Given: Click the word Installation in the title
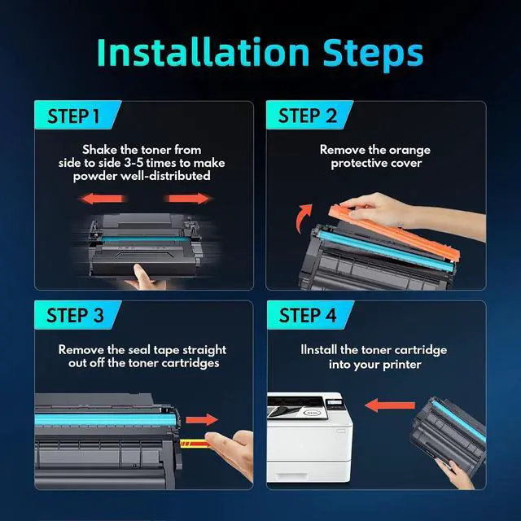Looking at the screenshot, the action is (x=204, y=52).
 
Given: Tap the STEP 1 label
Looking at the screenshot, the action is (x=73, y=116).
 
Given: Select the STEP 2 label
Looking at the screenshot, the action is (x=308, y=116).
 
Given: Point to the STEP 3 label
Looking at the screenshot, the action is (x=75, y=315).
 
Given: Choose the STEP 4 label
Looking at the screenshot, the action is (x=308, y=315).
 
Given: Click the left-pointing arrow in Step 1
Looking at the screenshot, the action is (x=102, y=199).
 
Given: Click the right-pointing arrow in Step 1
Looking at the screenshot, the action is (x=188, y=199).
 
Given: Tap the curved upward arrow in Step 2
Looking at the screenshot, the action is (x=304, y=218).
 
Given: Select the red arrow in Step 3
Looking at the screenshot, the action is (x=201, y=420).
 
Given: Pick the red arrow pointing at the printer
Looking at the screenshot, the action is (x=390, y=405).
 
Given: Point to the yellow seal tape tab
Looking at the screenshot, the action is (x=195, y=443).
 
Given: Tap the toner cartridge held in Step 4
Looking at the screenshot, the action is (x=448, y=431).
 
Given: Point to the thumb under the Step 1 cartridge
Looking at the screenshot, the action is (x=143, y=277).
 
